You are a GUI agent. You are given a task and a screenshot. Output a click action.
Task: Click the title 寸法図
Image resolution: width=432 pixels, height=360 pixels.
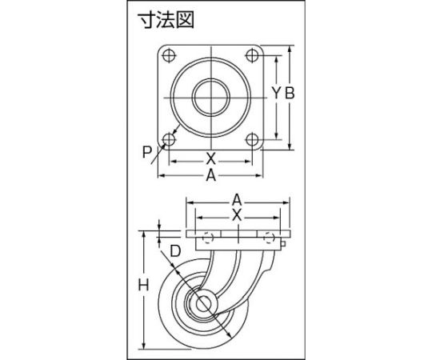coord(166,20)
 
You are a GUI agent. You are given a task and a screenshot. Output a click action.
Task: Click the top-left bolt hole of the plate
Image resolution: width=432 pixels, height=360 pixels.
coord(169,56)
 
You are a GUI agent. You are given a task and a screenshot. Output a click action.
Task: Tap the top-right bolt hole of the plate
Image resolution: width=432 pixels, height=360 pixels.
coord(252,56)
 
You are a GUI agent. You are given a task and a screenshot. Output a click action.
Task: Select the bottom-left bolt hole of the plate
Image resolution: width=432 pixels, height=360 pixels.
coord(169,140)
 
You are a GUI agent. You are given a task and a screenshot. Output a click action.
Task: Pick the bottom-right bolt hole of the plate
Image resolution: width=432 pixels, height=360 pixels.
coord(252,140)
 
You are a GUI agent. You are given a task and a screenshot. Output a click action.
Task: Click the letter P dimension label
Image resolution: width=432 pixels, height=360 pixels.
coord(147,152)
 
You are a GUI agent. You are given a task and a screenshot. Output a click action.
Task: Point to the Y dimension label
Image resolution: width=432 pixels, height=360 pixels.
coord(276,93)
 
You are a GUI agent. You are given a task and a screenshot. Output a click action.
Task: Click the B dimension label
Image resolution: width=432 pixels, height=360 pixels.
coord(290,93)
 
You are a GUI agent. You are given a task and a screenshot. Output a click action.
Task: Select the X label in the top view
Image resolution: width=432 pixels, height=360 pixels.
coord(210,158)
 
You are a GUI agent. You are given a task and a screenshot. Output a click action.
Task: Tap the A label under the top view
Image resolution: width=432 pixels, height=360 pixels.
coord(210,175)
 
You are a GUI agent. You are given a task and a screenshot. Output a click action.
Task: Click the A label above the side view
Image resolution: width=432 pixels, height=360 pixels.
coord(237,200)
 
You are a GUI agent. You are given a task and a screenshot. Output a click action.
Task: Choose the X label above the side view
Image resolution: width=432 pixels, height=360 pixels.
coord(237,215)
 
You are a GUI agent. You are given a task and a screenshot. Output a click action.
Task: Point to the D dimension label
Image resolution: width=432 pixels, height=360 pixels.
coord(175,251)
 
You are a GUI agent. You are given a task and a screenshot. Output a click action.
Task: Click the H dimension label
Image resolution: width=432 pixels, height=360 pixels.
coord(143,285)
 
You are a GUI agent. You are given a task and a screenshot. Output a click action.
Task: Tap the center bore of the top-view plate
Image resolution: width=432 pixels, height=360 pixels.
coord(211,98)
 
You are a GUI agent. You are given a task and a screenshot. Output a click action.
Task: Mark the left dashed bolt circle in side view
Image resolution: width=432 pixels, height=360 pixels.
coord(208,238)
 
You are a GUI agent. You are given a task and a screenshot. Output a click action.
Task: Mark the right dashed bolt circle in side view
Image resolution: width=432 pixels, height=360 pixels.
coord(269,238)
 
